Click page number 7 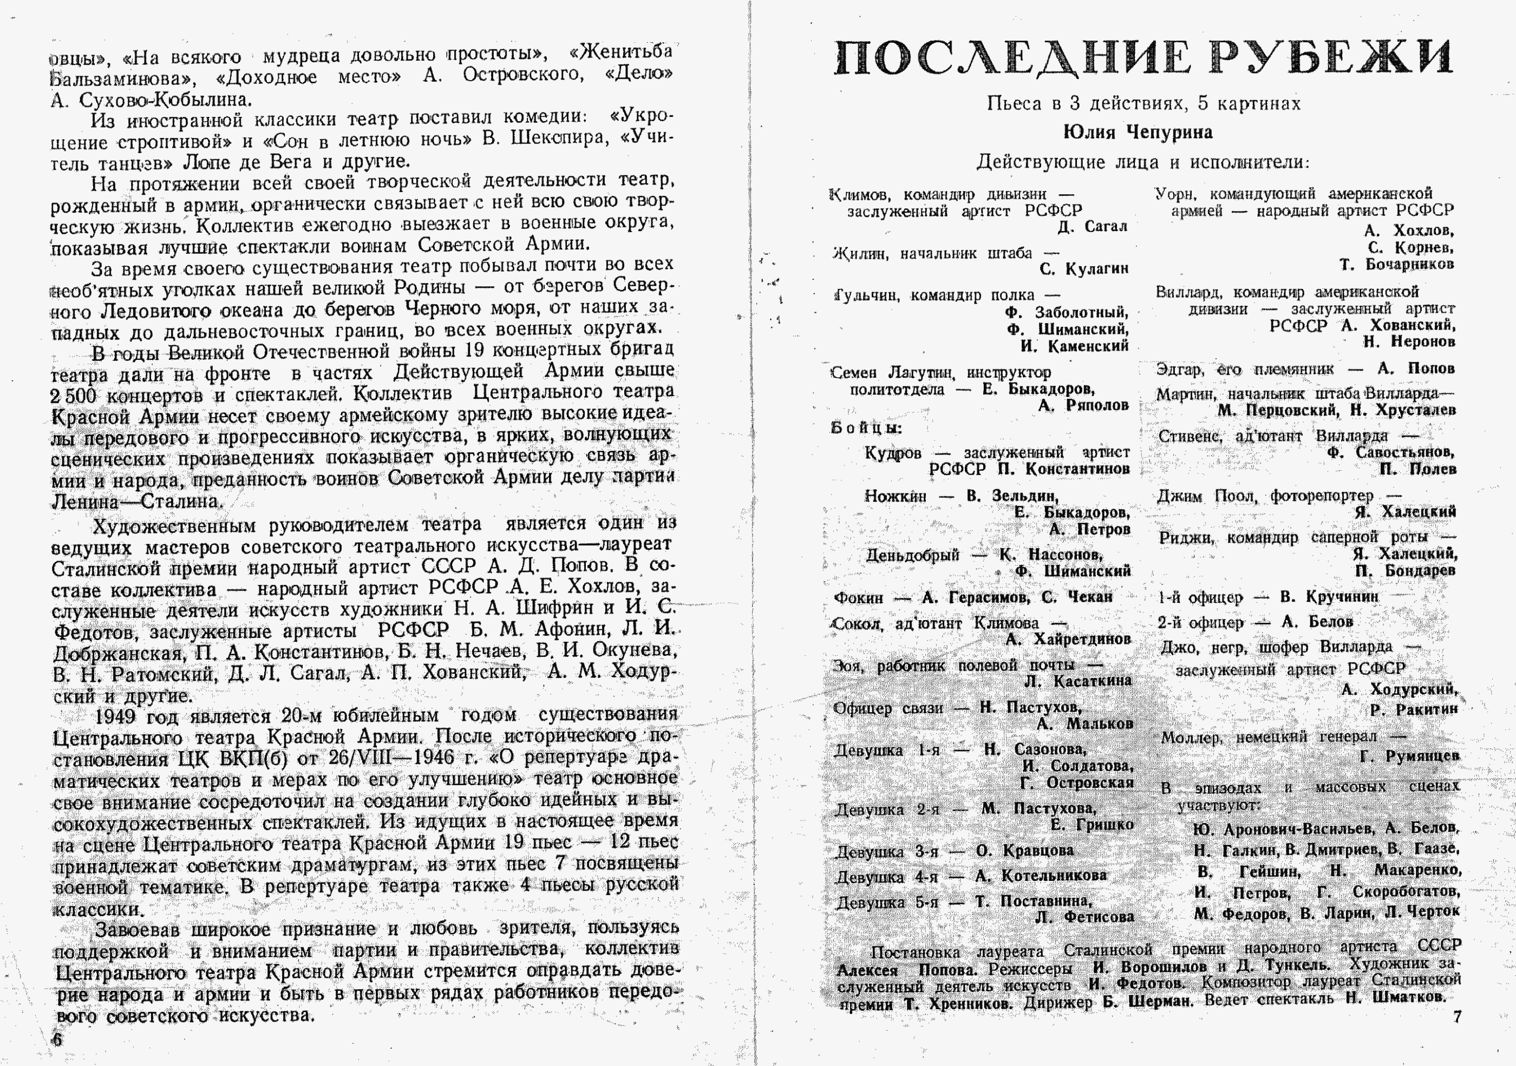(x=1457, y=1017)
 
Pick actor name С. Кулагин (x=1083, y=268)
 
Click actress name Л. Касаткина (x=1078, y=681)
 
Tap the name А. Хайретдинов (x=1068, y=639)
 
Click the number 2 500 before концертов (x=73, y=396)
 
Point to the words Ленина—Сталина (x=136, y=502)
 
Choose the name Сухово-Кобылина (x=165, y=100)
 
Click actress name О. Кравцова (x=1025, y=851)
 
